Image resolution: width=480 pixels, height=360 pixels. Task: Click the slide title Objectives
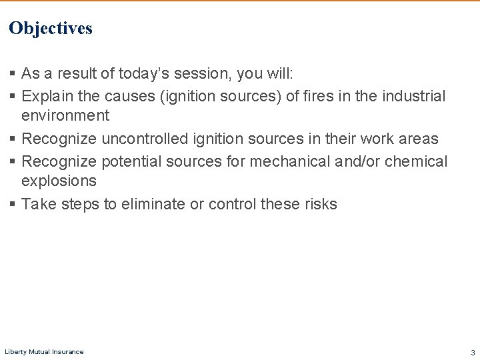click(51, 28)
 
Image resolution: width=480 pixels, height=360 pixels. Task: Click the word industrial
click(413, 96)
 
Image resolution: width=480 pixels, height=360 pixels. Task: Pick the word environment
click(65, 115)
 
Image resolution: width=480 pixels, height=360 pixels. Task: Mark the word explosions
click(59, 181)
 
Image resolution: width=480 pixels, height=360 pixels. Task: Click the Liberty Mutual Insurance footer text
click(44, 351)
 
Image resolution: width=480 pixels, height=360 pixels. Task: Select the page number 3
click(473, 352)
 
